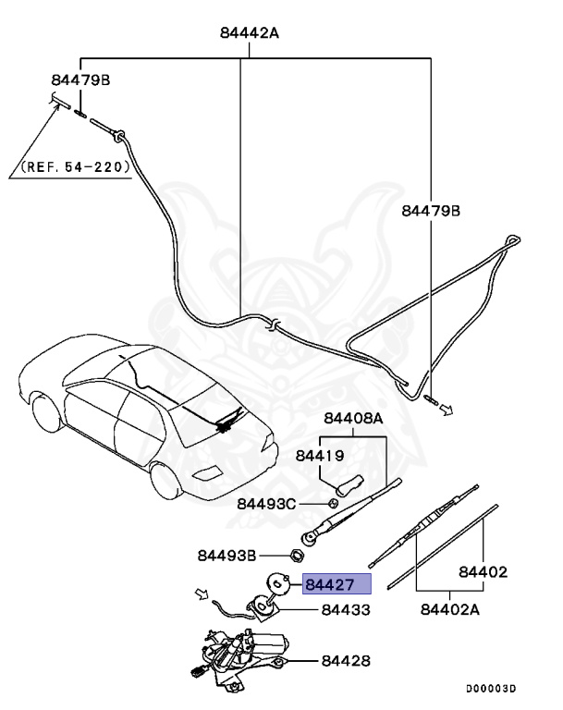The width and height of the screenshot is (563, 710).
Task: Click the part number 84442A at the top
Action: click(x=250, y=33)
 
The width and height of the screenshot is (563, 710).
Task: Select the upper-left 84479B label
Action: click(x=80, y=80)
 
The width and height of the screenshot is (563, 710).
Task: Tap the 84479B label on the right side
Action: click(x=430, y=211)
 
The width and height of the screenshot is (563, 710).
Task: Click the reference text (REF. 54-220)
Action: click(x=77, y=169)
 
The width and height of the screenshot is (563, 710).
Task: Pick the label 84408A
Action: click(x=352, y=419)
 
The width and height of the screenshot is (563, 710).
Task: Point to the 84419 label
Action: click(x=320, y=455)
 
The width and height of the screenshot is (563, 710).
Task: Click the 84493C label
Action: click(x=266, y=504)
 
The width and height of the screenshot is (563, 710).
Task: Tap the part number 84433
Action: click(x=346, y=611)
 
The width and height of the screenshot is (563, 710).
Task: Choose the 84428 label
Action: click(x=346, y=661)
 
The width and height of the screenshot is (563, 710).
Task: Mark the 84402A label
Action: click(x=451, y=609)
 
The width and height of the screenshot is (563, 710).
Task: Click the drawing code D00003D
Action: click(x=490, y=689)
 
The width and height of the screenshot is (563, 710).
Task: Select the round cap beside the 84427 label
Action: click(x=280, y=583)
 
